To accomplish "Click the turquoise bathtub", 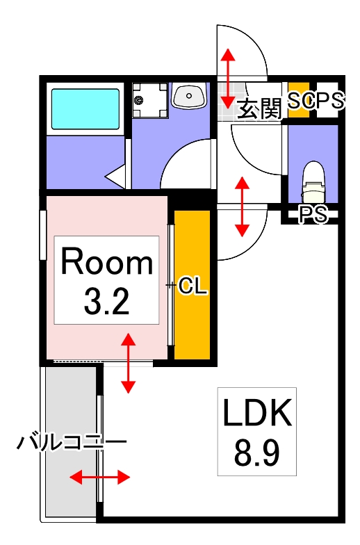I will click(x=85, y=109).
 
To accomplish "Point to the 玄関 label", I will click(x=259, y=110).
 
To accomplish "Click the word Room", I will click(x=106, y=263).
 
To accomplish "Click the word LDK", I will click(x=256, y=415).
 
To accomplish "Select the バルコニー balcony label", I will click(x=72, y=441).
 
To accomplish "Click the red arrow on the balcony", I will click(x=100, y=477).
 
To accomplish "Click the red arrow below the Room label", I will click(x=129, y=362).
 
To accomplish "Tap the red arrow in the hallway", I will click(x=242, y=206).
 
